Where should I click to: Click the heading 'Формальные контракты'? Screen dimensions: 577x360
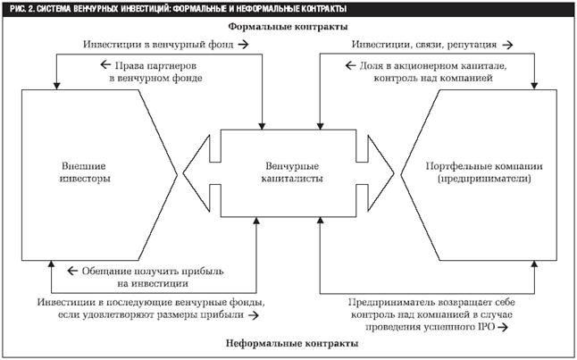tap(288, 27)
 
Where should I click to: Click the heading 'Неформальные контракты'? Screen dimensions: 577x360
tap(292, 343)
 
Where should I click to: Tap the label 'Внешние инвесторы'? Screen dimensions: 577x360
tap(85, 172)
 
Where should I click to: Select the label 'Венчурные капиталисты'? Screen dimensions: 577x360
tap(292, 172)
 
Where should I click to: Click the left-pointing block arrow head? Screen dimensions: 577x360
tap(197, 173)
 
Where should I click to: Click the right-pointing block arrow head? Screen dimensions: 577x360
tap(380, 173)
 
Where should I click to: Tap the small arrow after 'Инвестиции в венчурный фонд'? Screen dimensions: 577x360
tap(243, 45)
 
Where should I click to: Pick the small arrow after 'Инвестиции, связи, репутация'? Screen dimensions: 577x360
tap(508, 45)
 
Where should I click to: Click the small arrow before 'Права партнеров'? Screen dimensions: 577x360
tap(105, 65)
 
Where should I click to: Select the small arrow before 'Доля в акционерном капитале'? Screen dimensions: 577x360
tap(350, 65)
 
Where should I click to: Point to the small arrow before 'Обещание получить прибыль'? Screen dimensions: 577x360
tap(72, 271)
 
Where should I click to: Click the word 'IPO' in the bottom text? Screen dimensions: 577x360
tap(488, 327)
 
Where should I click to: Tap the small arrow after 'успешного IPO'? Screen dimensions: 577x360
tap(503, 327)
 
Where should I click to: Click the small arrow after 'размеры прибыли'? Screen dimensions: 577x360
tap(253, 315)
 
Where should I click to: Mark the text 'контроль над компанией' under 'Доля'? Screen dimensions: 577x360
tap(433, 78)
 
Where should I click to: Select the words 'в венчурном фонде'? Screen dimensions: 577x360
tap(155, 79)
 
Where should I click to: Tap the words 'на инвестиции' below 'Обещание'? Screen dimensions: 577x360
tap(153, 284)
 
